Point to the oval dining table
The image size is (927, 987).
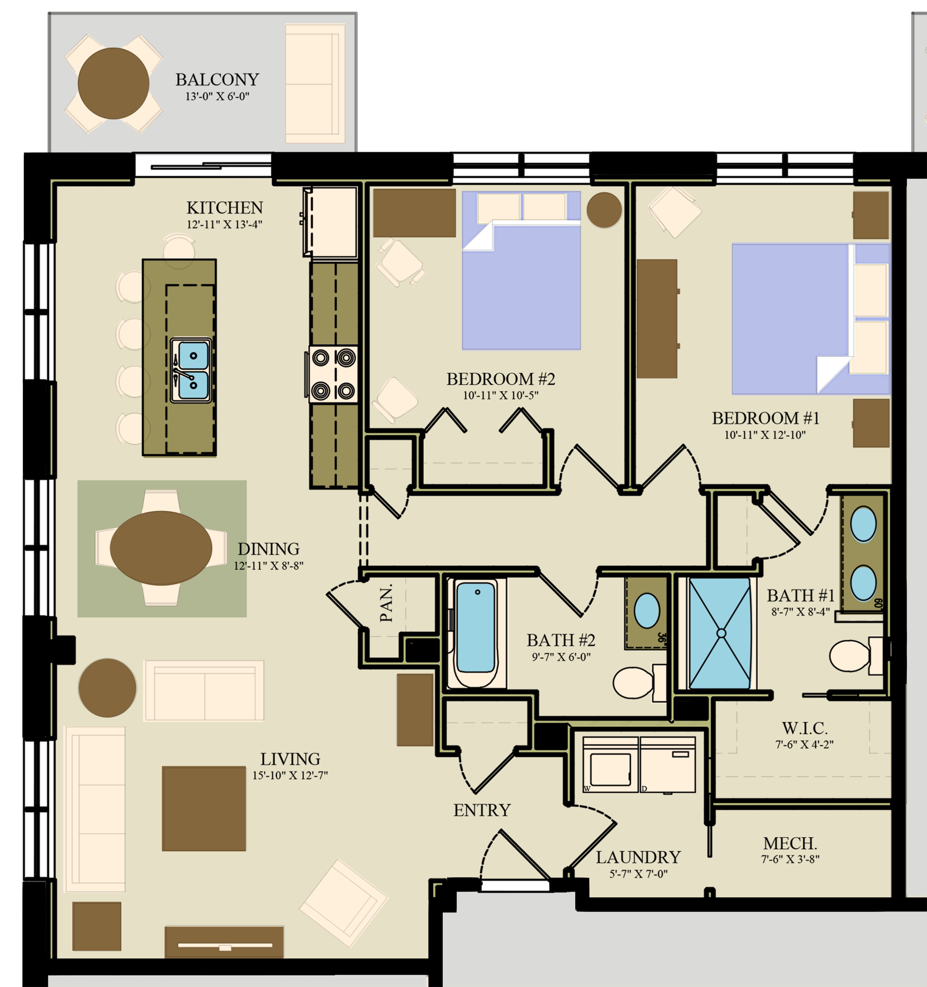click(161, 548)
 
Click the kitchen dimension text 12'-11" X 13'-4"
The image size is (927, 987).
click(224, 224)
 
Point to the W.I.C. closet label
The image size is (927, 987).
click(804, 728)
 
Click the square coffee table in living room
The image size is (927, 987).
click(204, 808)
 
